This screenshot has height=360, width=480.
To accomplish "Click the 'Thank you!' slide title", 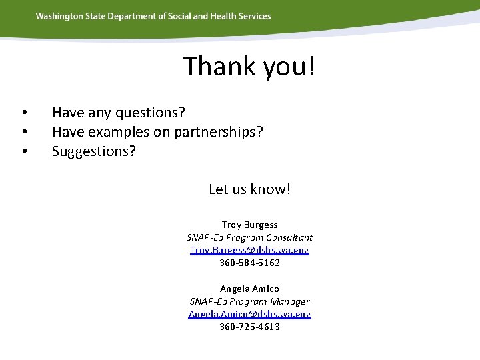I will pyautogui.click(x=249, y=67).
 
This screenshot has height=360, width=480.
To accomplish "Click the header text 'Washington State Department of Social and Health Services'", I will pyautogui.click(x=153, y=16).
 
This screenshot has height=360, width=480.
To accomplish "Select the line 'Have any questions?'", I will pyautogui.click(x=118, y=112).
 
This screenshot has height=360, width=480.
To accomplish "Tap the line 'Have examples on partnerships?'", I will pyautogui.click(x=157, y=132).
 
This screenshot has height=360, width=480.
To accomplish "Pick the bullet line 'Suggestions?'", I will pyautogui.click(x=93, y=151).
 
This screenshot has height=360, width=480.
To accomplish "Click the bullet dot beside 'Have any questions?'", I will pyautogui.click(x=23, y=112).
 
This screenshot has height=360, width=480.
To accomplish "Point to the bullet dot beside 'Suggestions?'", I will pyautogui.click(x=23, y=152).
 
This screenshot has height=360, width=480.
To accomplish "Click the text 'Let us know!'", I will pyautogui.click(x=249, y=189).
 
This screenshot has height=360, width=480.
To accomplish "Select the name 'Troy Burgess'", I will pyautogui.click(x=249, y=225).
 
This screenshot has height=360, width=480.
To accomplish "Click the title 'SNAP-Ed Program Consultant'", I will pyautogui.click(x=249, y=238).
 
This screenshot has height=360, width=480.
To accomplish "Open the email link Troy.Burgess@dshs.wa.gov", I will pyautogui.click(x=249, y=251).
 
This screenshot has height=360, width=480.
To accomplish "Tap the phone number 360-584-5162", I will pyautogui.click(x=249, y=263).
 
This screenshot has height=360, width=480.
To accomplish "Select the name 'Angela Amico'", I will pyautogui.click(x=249, y=289).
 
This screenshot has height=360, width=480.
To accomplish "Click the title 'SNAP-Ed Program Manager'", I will pyautogui.click(x=249, y=301).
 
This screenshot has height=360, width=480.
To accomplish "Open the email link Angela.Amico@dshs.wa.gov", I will pyautogui.click(x=249, y=314).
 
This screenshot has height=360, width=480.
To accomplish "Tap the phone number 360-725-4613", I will pyautogui.click(x=249, y=327).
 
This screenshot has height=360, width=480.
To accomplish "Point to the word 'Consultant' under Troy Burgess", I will pyautogui.click(x=289, y=238).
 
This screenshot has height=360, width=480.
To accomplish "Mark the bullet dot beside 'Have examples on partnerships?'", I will pyautogui.click(x=23, y=132).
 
